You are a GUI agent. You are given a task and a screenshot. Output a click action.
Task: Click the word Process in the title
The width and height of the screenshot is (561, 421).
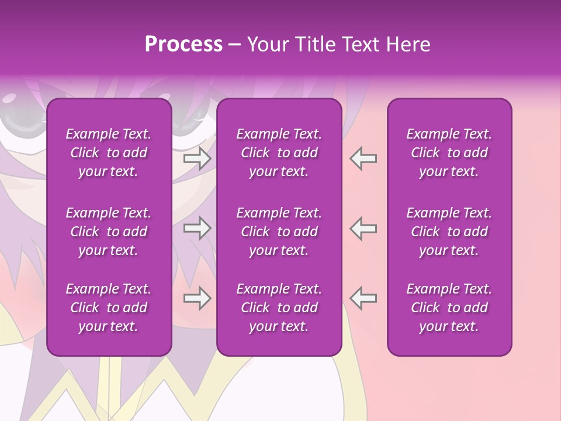pyautogui.click(x=183, y=44)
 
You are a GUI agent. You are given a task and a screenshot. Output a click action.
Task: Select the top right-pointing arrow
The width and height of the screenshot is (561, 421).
pyautogui.click(x=197, y=158)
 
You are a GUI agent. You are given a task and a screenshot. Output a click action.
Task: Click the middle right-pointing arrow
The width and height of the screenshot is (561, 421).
pyautogui.click(x=197, y=228)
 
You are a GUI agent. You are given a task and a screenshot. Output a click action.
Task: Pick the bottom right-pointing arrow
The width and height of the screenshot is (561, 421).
pyautogui.click(x=197, y=298)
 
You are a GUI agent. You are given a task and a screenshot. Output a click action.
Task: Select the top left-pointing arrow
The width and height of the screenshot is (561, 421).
pyautogui.click(x=363, y=158)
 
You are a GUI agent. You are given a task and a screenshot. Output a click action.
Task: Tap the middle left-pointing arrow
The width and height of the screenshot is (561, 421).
pyautogui.click(x=363, y=228)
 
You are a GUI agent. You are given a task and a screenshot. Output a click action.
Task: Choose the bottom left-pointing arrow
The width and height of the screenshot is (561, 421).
pyautogui.click(x=363, y=298)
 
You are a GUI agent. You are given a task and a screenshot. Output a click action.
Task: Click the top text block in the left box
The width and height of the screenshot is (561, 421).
pyautogui.click(x=109, y=153)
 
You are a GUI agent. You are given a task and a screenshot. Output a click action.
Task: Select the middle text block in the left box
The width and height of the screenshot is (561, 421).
pyautogui.click(x=109, y=232)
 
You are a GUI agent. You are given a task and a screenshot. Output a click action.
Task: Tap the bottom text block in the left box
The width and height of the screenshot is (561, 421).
pyautogui.click(x=109, y=308)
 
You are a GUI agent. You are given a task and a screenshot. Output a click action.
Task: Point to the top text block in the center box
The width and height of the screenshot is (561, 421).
pyautogui.click(x=279, y=153)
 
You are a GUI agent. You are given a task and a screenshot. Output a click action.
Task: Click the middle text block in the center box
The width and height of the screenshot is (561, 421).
pyautogui.click(x=279, y=232)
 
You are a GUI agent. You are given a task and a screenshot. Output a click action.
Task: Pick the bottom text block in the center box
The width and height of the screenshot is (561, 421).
pyautogui.click(x=279, y=308)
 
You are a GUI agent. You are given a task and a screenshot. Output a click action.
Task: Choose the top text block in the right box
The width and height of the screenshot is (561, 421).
pyautogui.click(x=449, y=153)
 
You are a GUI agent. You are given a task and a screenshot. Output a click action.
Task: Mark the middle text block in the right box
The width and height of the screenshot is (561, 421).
pyautogui.click(x=449, y=232)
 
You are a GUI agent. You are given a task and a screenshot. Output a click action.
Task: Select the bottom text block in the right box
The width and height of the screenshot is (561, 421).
pyautogui.click(x=449, y=308)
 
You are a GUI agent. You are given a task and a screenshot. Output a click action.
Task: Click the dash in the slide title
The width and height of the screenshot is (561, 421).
pyautogui.click(x=235, y=45)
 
